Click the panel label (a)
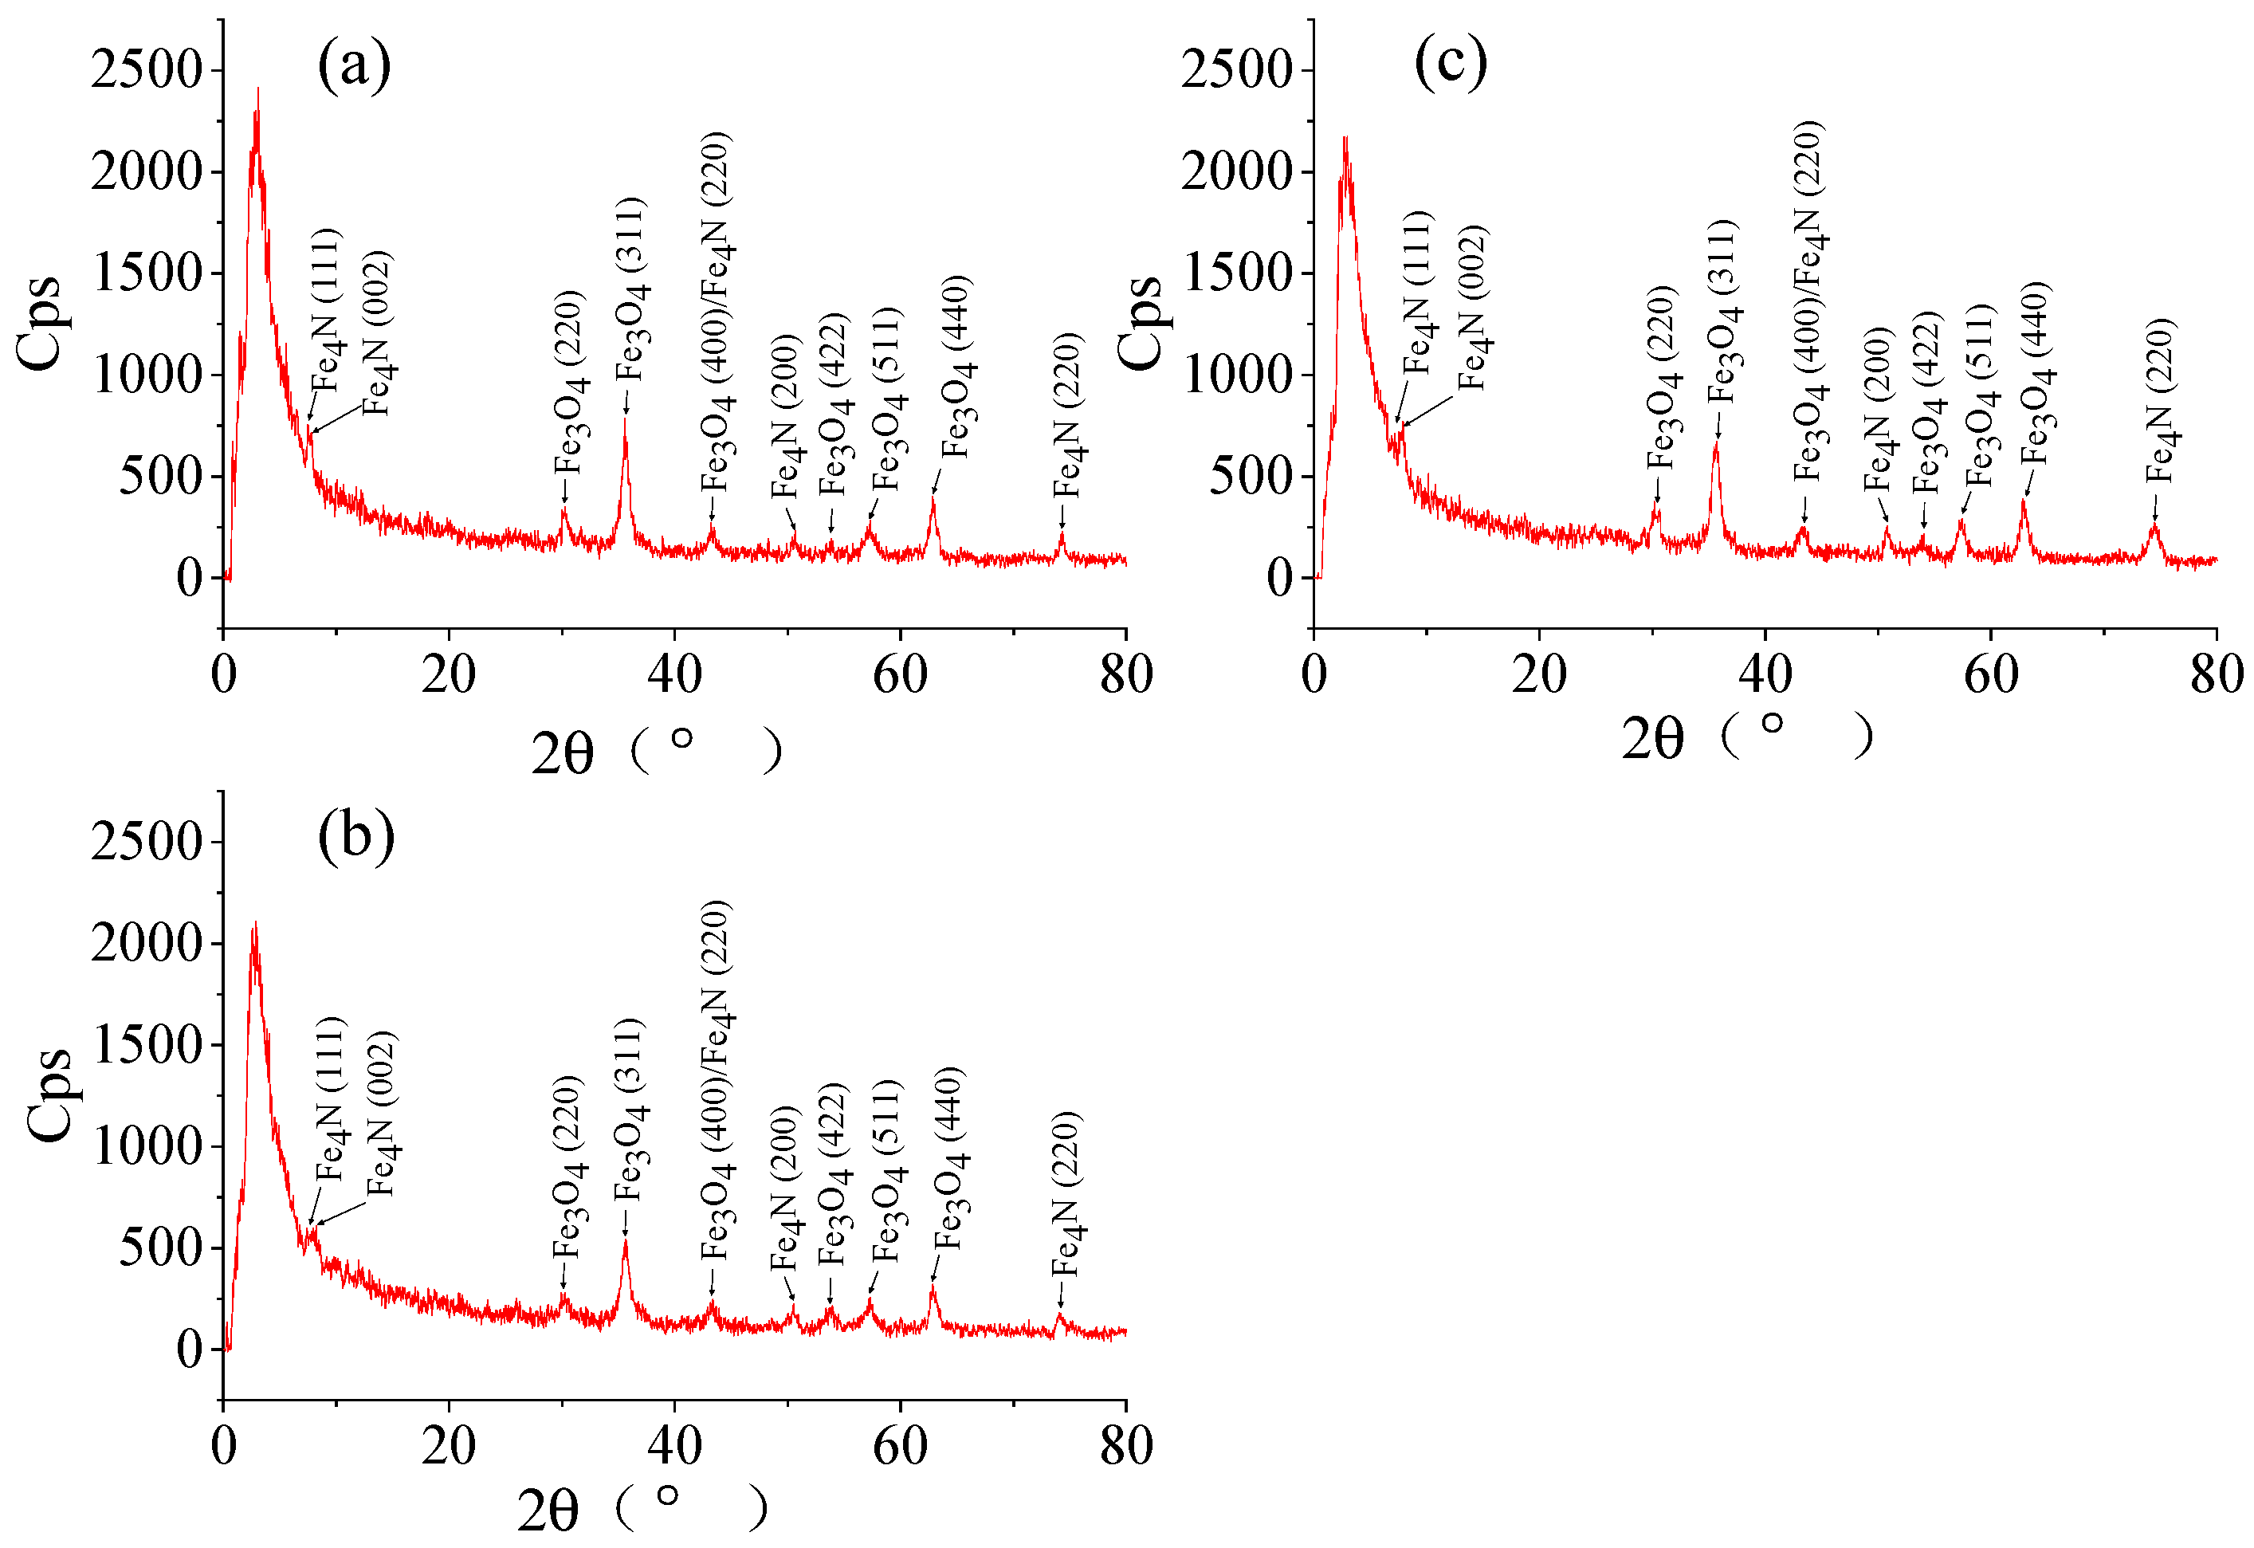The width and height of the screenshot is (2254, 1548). click(x=354, y=66)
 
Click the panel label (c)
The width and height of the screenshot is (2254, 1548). click(x=1450, y=62)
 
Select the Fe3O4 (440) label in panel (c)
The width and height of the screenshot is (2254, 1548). click(x=2036, y=373)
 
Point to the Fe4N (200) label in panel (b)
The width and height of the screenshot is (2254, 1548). click(x=784, y=1189)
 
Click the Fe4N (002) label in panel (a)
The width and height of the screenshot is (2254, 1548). click(x=376, y=332)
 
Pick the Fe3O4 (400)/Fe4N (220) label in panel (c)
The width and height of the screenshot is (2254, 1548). click(x=1808, y=301)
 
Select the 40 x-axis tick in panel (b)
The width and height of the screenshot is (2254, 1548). click(x=674, y=1446)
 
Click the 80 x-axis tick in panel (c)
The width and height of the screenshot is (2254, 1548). click(x=2217, y=675)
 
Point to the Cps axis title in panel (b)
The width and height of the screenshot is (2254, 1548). click(x=49, y=1095)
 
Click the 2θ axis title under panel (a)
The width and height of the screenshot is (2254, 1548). click(x=562, y=753)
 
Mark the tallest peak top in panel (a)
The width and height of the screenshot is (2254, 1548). click(x=257, y=89)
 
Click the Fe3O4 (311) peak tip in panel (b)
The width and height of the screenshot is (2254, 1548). click(x=626, y=1241)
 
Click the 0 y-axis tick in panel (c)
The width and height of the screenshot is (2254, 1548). click(x=1279, y=578)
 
